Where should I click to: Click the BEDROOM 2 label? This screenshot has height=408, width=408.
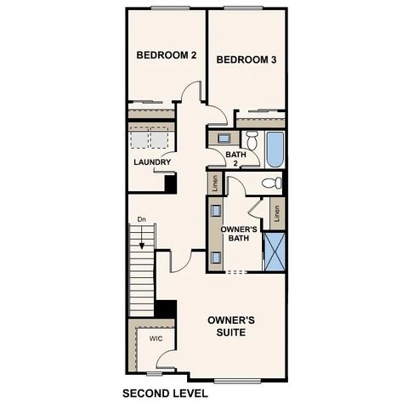coord(167,55)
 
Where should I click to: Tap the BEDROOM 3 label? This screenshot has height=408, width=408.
coord(246,59)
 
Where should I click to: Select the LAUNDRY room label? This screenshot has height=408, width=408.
coord(152,162)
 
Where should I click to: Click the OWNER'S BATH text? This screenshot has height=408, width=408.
coord(239,235)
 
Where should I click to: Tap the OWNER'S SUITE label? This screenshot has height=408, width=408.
coord(232,326)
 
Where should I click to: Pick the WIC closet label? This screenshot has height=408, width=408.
coord(156,338)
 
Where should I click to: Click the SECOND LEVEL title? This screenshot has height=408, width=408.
coord(165,394)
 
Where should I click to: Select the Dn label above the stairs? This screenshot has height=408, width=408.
coord(142,220)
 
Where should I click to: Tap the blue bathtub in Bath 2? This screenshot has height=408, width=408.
coord(274,150)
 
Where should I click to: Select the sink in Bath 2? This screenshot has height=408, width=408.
coord(223,137)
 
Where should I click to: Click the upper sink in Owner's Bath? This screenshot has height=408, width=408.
coord(216,212)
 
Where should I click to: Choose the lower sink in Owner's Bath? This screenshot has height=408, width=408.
coord(216,256)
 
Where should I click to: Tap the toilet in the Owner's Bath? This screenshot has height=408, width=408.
coord(271,183)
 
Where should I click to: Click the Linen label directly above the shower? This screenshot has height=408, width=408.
coord(276,212)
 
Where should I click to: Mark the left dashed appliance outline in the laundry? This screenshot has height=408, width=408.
coord(139,139)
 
